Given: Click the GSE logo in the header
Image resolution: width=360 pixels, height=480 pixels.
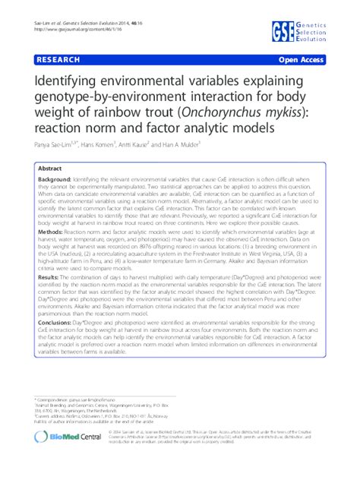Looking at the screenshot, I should tap(286, 30).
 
